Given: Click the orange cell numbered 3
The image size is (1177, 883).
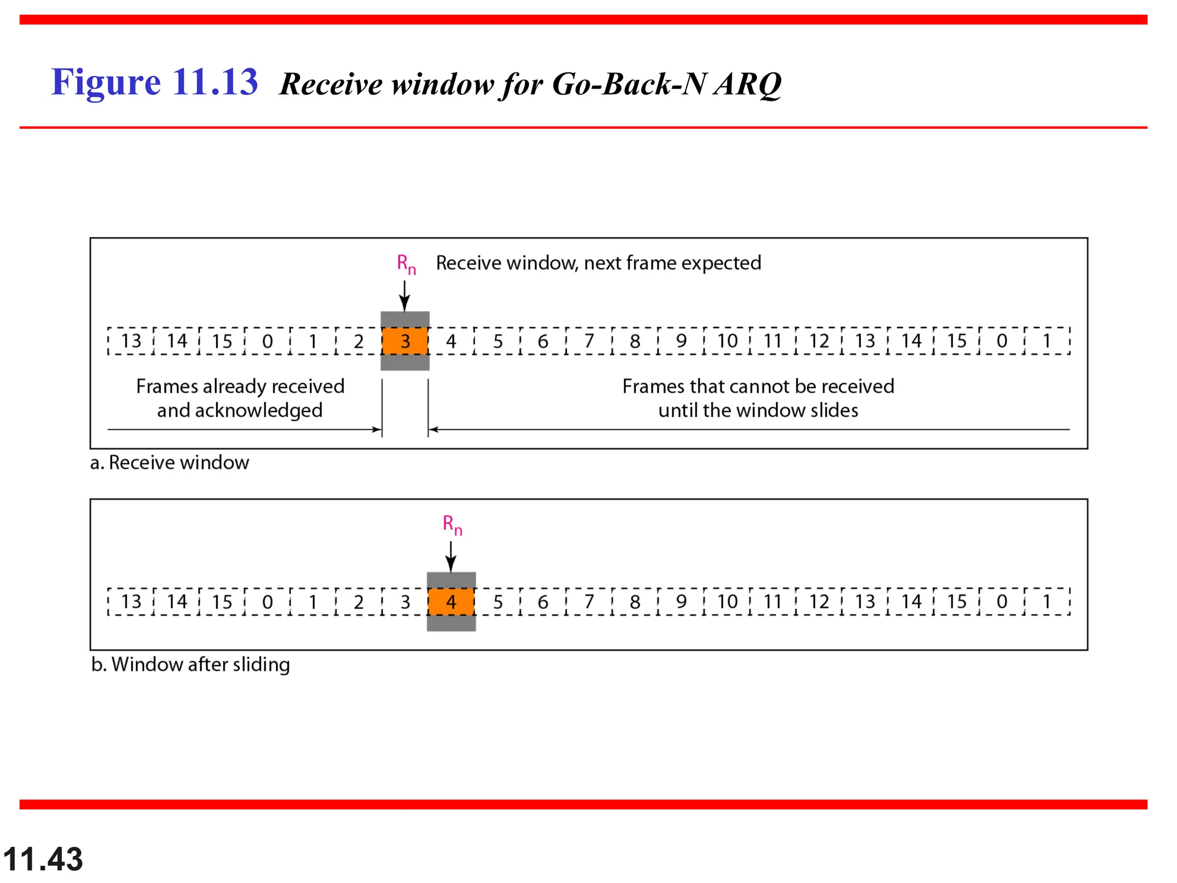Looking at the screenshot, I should (x=405, y=341).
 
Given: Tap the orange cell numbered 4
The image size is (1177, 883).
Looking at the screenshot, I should (x=451, y=602).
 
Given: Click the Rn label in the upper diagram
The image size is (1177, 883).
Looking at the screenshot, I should (x=406, y=264).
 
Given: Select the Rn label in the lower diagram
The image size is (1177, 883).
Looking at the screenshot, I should (x=452, y=525).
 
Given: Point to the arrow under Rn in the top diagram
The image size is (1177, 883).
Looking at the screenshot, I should (x=405, y=297).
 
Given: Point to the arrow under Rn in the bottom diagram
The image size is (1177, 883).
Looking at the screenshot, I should (x=451, y=557).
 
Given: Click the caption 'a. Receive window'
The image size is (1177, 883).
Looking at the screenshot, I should (x=170, y=463).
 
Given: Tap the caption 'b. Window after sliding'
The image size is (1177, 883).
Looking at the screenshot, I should (x=190, y=665).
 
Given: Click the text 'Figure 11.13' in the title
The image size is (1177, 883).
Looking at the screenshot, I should (x=155, y=82).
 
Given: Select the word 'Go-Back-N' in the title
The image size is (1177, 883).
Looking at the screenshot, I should (x=629, y=85).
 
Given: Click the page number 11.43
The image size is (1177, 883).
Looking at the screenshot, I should (x=43, y=859).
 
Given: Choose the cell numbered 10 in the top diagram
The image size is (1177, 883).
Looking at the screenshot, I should (x=727, y=341).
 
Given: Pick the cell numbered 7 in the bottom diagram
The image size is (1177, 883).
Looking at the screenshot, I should (x=589, y=602).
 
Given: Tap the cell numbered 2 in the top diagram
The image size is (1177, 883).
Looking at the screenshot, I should (x=359, y=341).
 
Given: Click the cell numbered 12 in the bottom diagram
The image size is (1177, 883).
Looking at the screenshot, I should (x=819, y=602).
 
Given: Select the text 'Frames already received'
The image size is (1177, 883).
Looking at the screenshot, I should (x=240, y=386).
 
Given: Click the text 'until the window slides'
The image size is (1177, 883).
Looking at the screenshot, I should (x=758, y=410).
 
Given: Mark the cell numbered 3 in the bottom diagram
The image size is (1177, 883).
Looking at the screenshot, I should (x=405, y=602).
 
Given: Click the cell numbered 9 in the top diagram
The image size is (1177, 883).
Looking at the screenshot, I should (x=681, y=341).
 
